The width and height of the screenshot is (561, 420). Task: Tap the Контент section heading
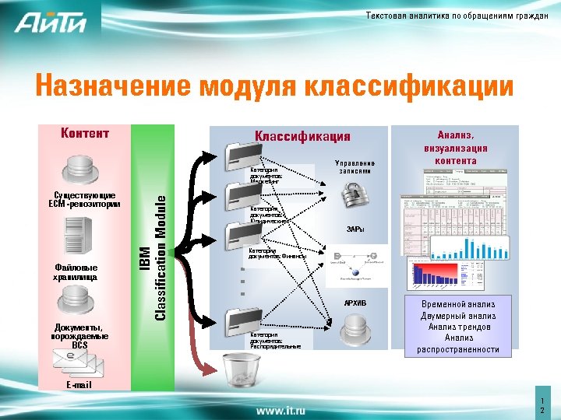85,133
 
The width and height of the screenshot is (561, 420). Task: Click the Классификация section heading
302,137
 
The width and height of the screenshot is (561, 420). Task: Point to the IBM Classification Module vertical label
153,256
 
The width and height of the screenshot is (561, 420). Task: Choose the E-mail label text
79,385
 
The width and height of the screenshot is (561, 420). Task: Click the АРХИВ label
355,303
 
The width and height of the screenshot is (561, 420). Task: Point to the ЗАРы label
355,229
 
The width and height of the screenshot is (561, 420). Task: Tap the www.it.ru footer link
280,409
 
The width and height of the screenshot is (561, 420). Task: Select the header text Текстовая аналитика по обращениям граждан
457,17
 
